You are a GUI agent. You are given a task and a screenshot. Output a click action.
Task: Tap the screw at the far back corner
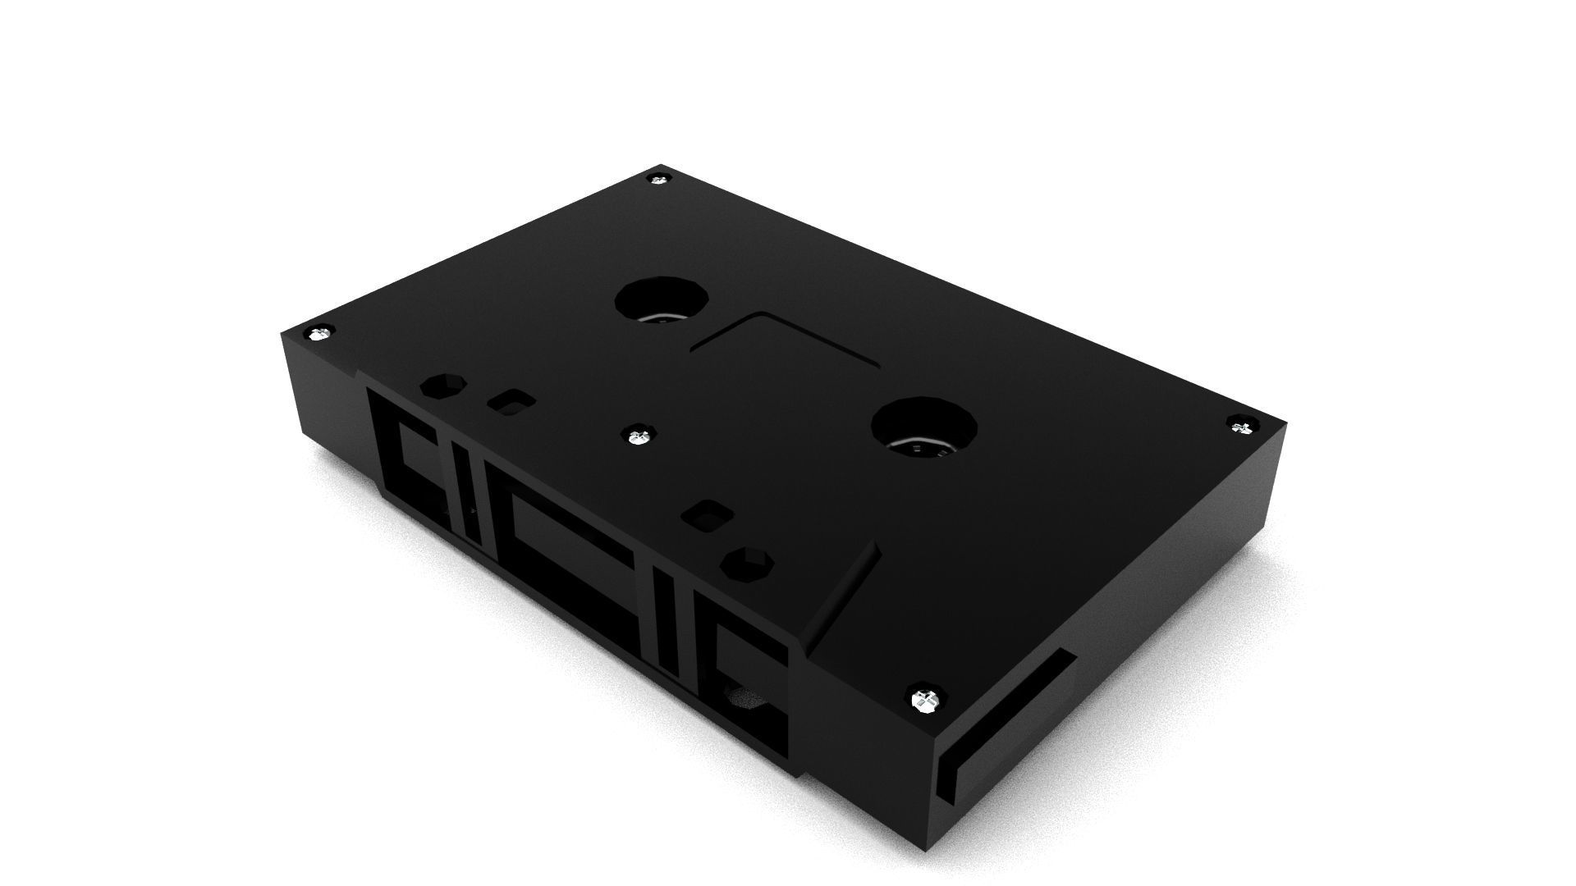(x=658, y=179)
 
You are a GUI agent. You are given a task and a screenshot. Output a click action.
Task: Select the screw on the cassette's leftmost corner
(x=318, y=333)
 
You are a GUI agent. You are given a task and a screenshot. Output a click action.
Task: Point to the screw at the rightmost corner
(x=1240, y=425)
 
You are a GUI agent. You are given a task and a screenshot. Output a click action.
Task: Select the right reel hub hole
(x=923, y=431)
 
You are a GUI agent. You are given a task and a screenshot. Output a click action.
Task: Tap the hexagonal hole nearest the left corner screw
(x=442, y=385)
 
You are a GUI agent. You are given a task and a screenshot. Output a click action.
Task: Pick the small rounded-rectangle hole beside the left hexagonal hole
(x=511, y=400)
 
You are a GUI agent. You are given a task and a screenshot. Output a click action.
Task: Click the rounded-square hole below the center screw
(x=707, y=518)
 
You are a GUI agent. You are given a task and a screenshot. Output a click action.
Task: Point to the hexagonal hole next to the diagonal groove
(x=746, y=564)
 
